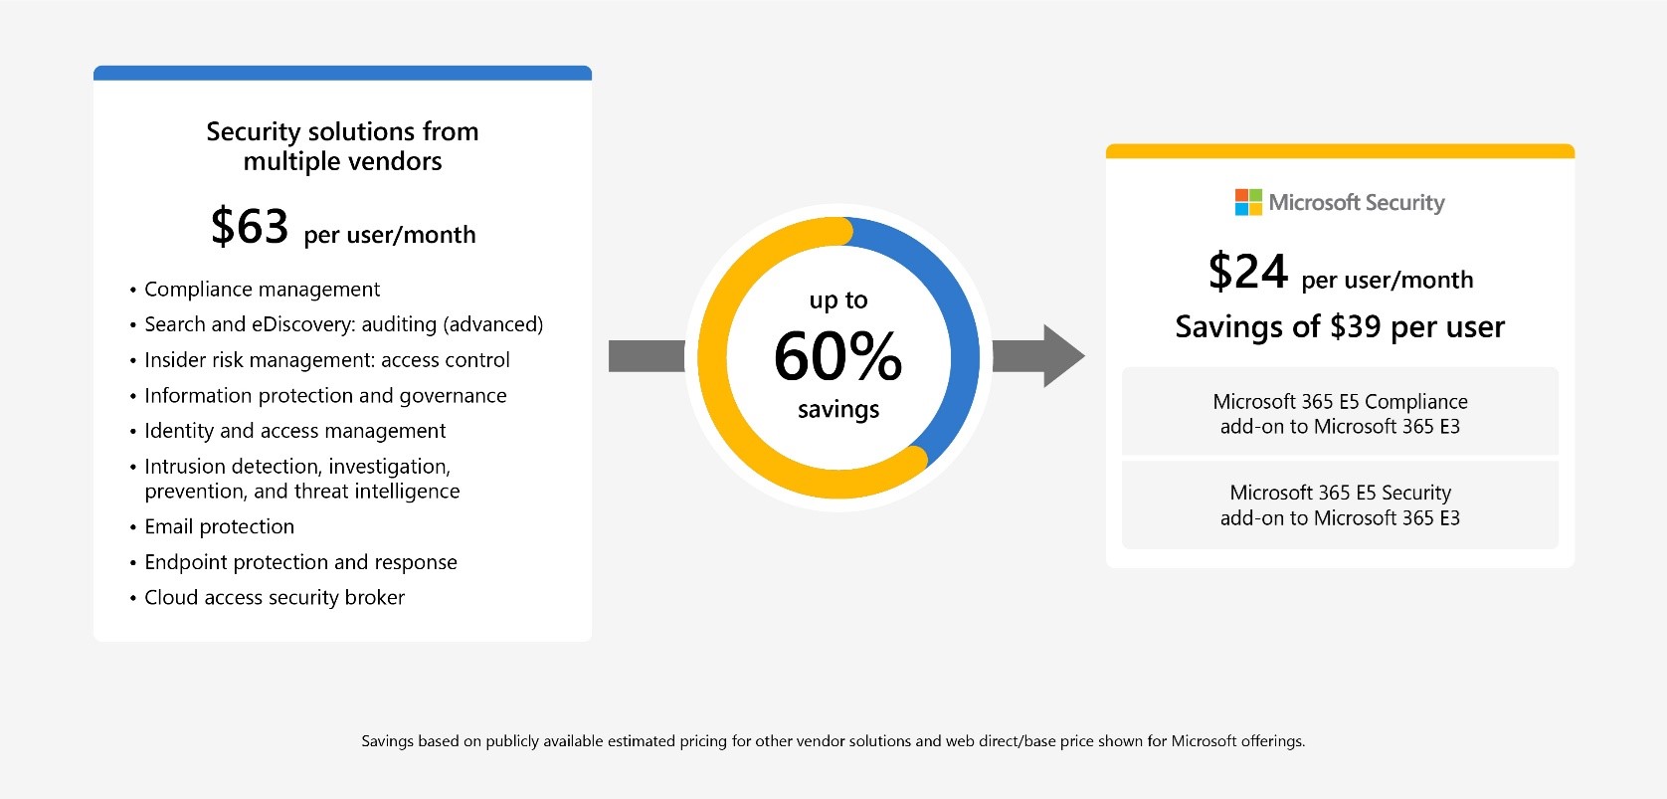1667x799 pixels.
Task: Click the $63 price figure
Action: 250,227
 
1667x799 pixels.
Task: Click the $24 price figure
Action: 1247,272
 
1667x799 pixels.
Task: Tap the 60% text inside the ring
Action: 837,356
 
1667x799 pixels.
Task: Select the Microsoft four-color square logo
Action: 1248,202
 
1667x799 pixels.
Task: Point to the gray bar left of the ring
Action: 647,356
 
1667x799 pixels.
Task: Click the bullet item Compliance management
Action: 262,290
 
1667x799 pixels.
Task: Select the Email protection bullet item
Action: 219,526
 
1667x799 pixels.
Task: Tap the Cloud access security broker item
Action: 275,598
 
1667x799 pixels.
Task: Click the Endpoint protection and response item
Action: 300,562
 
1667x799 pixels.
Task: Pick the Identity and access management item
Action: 294,431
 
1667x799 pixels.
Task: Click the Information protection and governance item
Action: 325,396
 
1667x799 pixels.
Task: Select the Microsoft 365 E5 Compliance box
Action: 1340,413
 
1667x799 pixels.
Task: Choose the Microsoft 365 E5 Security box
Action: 1340,504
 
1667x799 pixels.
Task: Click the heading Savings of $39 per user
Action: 1340,326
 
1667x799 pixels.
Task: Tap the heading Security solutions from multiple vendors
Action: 342,146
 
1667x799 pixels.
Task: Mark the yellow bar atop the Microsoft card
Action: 1340,151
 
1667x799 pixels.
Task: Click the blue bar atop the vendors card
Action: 342,73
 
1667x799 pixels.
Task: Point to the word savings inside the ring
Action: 838,410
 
